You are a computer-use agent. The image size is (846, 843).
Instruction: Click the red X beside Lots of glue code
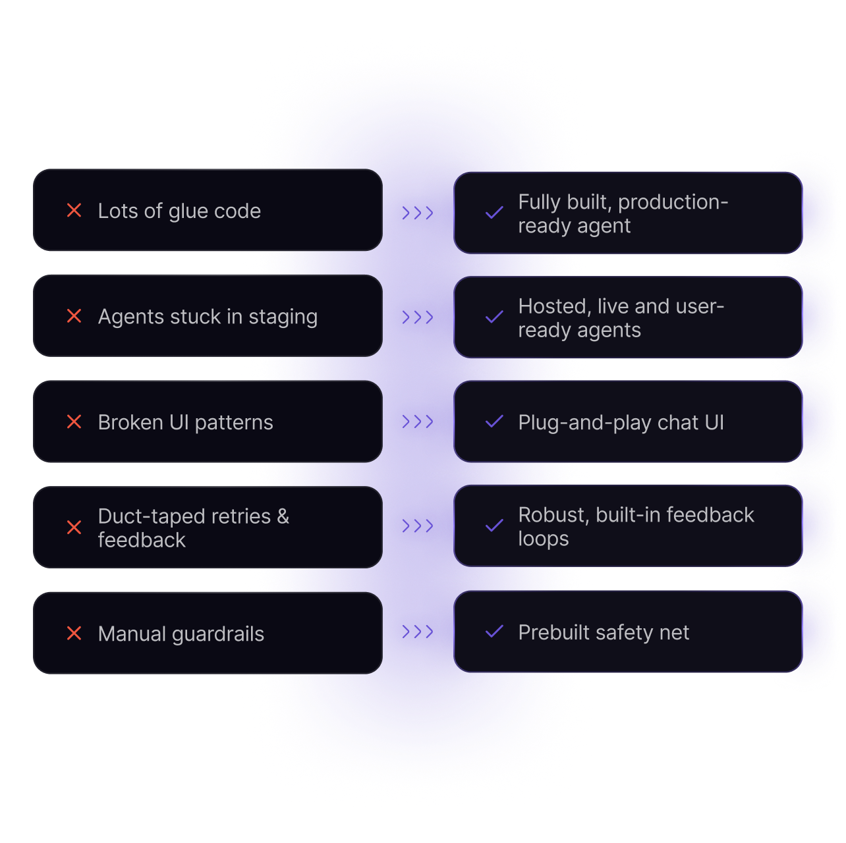point(74,211)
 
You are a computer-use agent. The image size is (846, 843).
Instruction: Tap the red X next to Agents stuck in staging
point(74,316)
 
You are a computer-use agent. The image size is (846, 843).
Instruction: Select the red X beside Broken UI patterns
point(74,421)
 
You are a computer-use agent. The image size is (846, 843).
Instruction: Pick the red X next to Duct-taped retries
point(74,528)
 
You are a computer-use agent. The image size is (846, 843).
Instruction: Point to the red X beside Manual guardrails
point(74,634)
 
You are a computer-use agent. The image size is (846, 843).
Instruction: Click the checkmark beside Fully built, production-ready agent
point(494,213)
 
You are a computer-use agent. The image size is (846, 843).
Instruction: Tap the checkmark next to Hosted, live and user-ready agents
point(494,317)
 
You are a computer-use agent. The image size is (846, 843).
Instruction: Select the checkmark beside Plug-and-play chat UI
point(494,421)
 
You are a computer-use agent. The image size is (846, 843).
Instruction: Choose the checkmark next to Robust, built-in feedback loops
point(494,526)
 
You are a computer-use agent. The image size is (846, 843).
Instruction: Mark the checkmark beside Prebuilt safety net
point(494,632)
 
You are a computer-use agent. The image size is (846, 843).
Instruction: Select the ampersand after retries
point(283,516)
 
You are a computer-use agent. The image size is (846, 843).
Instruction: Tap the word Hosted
point(553,306)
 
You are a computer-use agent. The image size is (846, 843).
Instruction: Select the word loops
point(543,539)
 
